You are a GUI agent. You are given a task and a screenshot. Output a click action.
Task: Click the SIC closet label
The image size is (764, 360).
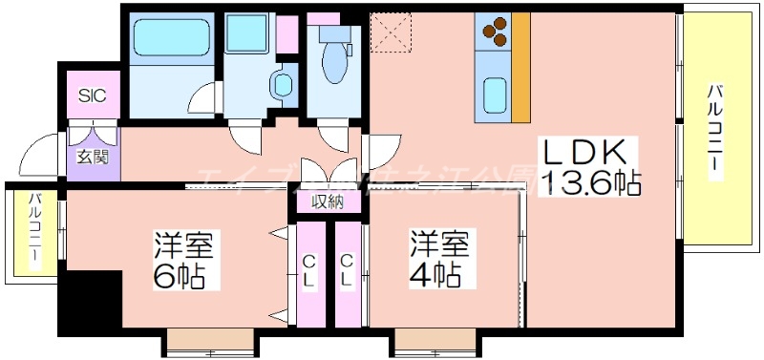[93, 95]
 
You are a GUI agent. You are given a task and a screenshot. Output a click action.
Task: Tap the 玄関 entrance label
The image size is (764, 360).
[93, 158]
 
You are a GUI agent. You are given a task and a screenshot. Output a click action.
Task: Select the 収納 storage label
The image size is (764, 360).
[328, 201]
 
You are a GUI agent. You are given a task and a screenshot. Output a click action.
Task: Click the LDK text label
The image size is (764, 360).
[584, 153]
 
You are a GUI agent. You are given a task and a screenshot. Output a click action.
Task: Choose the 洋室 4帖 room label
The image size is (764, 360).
[440, 260]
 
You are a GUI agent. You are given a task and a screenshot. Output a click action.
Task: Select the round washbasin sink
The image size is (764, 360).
[284, 84]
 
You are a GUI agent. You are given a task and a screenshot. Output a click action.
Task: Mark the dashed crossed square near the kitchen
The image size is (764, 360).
[393, 32]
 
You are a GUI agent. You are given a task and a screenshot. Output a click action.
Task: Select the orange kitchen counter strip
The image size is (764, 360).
[520, 67]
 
